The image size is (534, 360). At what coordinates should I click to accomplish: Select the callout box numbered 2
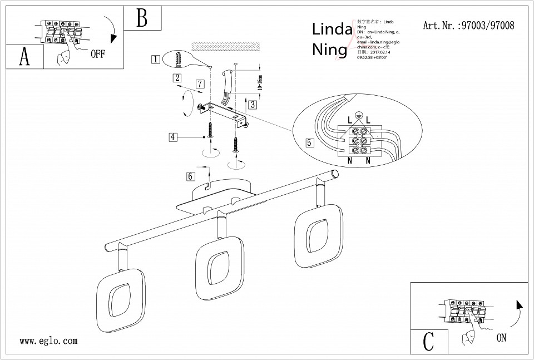(176, 78)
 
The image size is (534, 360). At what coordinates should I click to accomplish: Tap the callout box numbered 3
(253, 104)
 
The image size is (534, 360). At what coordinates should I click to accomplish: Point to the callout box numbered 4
(174, 136)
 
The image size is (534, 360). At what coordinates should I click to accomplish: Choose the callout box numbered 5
(310, 142)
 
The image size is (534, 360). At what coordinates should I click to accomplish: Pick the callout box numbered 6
(191, 176)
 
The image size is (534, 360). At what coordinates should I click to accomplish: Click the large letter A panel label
(24, 57)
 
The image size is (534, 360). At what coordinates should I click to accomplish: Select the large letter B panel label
(142, 18)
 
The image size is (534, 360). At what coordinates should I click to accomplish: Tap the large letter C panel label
(428, 341)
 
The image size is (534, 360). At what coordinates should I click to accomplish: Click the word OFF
(97, 54)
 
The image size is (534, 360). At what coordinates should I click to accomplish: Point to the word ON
(501, 338)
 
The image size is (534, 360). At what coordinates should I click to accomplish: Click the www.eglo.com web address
(48, 341)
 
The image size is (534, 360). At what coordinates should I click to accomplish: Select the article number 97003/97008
(468, 26)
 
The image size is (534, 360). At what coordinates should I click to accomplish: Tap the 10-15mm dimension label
(259, 83)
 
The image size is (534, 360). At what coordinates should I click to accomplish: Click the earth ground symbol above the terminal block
(359, 115)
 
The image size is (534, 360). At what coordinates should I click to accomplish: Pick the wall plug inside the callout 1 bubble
(178, 58)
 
